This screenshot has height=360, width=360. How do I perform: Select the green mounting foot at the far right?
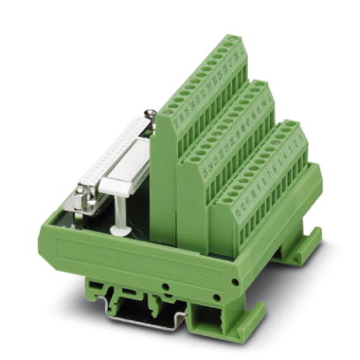click(301, 248)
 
